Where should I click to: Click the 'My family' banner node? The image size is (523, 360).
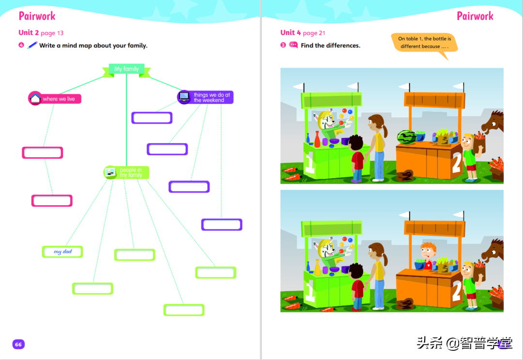click(x=126, y=69)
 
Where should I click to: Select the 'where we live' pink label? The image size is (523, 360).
click(x=55, y=99)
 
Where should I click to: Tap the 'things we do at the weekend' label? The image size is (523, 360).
click(x=205, y=97)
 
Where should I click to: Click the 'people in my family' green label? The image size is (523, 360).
click(x=126, y=172)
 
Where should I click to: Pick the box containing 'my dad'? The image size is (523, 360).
click(x=62, y=252)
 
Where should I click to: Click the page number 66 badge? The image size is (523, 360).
click(x=18, y=345)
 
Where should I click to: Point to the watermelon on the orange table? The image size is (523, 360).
click(x=407, y=137)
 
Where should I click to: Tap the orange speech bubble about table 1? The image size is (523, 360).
click(x=424, y=43)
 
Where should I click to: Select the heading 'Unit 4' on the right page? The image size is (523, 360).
click(x=291, y=33)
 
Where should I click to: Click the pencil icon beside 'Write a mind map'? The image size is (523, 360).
click(x=32, y=45)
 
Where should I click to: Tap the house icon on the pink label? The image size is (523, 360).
click(x=35, y=98)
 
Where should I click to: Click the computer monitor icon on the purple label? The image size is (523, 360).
click(x=184, y=97)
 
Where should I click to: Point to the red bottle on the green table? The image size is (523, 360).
click(x=317, y=139)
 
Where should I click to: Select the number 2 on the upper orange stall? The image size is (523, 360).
click(x=457, y=162)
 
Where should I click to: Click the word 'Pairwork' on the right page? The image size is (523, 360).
click(x=475, y=16)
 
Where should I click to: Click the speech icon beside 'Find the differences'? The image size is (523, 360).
click(x=293, y=45)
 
